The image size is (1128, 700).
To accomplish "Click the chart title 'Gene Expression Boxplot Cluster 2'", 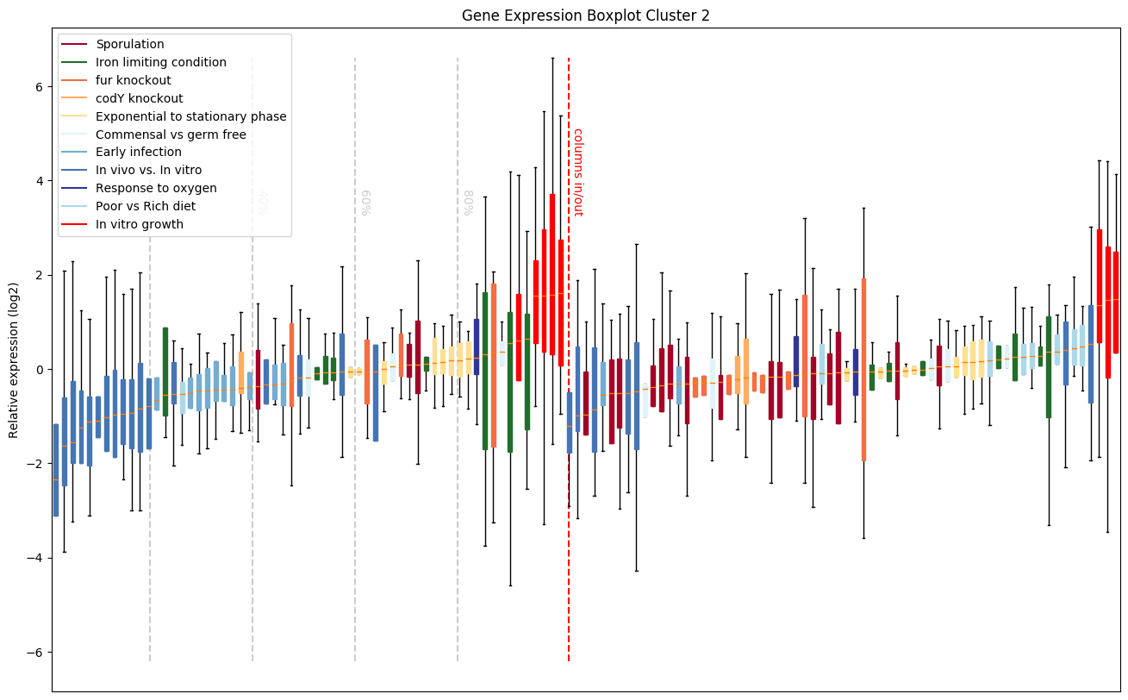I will point(585,16).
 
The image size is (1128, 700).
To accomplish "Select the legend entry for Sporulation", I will point(130,44).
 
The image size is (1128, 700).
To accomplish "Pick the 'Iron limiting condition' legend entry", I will point(161,62).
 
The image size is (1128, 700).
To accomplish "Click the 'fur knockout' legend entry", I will point(134,80).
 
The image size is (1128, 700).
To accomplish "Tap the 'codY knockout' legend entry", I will point(140,98).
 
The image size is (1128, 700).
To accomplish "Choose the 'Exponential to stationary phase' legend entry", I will point(191,116).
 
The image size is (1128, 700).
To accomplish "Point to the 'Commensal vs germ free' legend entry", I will point(171,134).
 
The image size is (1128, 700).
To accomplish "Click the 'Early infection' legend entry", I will point(139,153).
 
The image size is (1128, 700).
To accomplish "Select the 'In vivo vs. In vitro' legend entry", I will point(149,171).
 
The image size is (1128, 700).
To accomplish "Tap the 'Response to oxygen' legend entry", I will point(156,188).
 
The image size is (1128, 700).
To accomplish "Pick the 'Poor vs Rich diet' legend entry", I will point(146,206).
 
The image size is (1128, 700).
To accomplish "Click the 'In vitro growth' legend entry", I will point(140,224).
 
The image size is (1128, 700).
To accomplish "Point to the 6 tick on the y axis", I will point(40,86).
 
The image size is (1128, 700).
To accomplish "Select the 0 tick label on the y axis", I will point(40,369).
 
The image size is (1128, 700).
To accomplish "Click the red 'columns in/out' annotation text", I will point(577,172).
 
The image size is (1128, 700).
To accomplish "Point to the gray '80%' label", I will point(468,202).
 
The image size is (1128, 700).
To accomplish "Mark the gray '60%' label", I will point(365,202).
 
